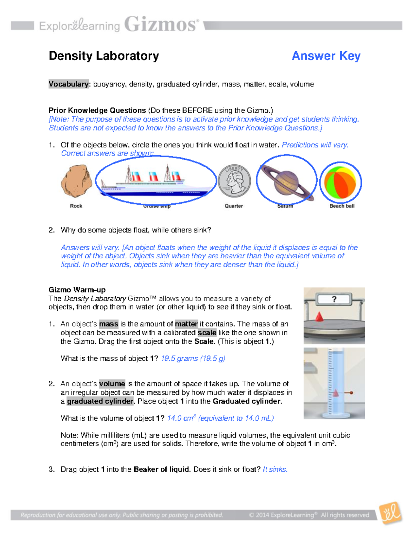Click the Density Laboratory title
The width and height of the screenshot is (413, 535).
pos(104,56)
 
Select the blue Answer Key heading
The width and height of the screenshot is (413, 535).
pos(326,56)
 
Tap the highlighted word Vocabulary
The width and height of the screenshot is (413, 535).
pos(69,84)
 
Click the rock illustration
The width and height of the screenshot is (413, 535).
pos(76,182)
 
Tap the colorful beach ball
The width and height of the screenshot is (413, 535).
pos(340,183)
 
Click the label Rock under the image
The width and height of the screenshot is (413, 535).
pos(76,206)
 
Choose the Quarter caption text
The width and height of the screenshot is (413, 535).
pos(234,206)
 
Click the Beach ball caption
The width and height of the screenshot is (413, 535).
pos(342,206)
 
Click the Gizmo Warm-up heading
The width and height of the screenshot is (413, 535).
pos(77,290)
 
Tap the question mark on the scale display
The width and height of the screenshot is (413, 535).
pos(334,299)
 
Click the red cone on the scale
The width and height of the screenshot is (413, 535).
pos(319,316)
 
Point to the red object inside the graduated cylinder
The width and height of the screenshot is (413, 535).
pos(336,393)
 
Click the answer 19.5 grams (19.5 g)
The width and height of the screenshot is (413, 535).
pos(193,358)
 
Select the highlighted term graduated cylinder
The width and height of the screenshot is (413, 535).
pos(100,401)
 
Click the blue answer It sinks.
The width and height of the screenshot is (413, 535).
pos(275,469)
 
